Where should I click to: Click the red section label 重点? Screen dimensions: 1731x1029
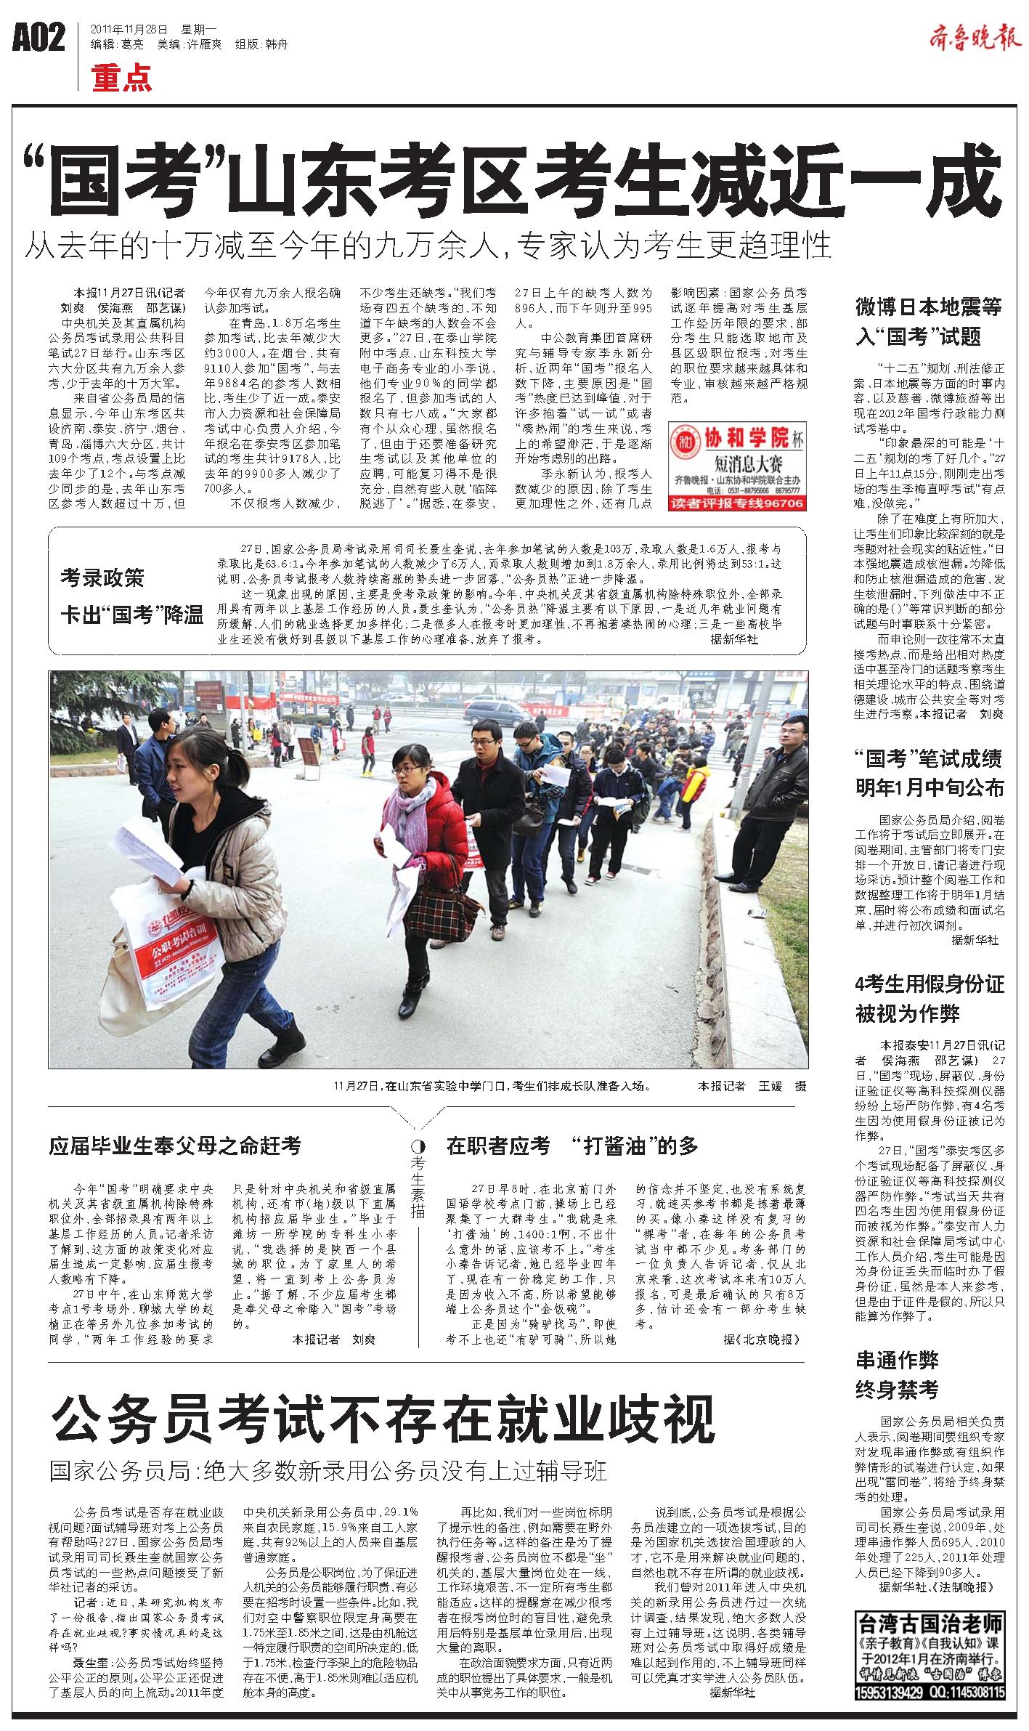121,78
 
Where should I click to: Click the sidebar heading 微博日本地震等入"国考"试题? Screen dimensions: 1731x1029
929,321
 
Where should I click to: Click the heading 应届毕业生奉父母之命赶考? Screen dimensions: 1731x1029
174,1146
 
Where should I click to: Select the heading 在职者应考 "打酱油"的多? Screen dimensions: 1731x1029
572,1146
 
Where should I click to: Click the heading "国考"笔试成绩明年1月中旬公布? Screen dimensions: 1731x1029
929,773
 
